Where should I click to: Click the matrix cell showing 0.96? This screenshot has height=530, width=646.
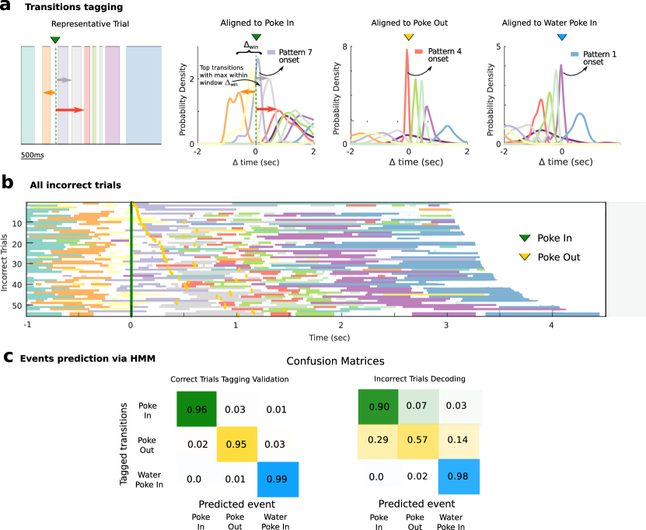[197, 410]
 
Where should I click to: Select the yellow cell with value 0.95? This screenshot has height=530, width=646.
[236, 444]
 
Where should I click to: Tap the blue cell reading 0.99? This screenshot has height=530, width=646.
[278, 479]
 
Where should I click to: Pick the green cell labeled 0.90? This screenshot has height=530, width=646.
[379, 406]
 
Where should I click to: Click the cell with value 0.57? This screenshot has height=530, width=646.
[417, 440]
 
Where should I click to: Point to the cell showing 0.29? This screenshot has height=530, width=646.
[379, 440]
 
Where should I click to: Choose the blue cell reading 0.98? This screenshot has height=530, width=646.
[459, 476]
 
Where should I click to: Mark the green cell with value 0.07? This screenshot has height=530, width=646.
[417, 406]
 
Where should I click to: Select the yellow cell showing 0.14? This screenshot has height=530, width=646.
[459, 440]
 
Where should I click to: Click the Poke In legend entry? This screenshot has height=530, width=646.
[554, 239]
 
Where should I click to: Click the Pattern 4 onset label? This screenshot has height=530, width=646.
[444, 55]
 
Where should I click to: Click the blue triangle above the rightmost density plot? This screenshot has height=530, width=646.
[562, 37]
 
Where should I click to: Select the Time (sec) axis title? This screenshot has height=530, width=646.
[329, 337]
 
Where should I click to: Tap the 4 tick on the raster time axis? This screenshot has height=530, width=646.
[551, 326]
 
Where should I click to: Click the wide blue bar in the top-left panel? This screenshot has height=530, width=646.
[144, 95]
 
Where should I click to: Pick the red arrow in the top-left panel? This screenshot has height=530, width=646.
[70, 110]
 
